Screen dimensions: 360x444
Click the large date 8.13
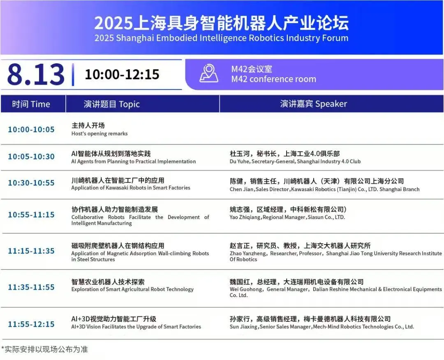(x=36, y=74)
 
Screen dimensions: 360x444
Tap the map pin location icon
(x=209, y=74)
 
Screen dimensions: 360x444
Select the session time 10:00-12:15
(x=122, y=74)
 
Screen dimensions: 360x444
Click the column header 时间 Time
(x=31, y=104)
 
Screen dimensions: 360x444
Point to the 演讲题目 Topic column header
(x=112, y=104)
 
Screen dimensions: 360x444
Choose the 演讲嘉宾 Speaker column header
(x=313, y=104)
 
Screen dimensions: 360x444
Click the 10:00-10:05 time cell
(x=31, y=129)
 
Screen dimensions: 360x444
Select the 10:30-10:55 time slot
(x=31, y=183)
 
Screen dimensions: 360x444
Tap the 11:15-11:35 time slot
(x=31, y=251)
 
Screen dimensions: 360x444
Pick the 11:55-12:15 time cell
(x=31, y=324)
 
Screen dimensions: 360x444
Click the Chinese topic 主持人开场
(x=88, y=125)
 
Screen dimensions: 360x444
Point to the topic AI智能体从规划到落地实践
(x=111, y=154)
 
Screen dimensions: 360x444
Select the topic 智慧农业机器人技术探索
(x=108, y=282)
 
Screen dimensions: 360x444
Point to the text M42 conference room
(x=273, y=79)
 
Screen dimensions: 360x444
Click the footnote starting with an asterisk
(x=44, y=349)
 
